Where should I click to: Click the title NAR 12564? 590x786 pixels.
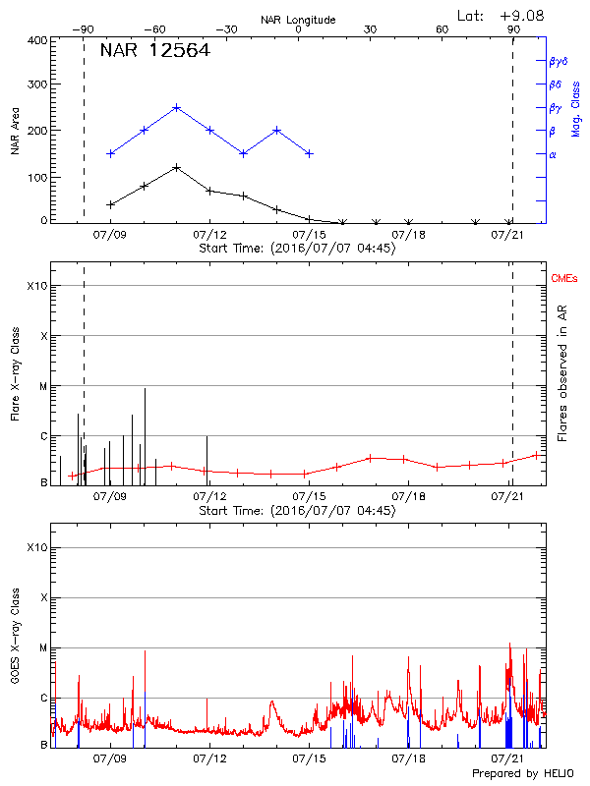[154, 52]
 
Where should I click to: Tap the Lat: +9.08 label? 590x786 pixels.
[499, 14]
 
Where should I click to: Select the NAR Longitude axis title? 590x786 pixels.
[298, 19]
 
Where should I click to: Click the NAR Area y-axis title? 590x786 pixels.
[16, 132]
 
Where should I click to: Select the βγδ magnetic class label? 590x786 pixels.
[559, 61]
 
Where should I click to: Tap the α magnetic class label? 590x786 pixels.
[553, 154]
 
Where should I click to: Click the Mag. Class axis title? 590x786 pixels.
[576, 108]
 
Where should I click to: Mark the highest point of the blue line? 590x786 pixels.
[176, 107]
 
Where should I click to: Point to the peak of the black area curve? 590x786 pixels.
[176, 167]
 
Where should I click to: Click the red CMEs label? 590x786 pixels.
[563, 280]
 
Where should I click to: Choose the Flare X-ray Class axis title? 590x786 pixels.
[16, 373]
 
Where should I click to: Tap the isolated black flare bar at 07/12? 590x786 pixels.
[206, 457]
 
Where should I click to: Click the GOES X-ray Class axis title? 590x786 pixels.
[16, 639]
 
